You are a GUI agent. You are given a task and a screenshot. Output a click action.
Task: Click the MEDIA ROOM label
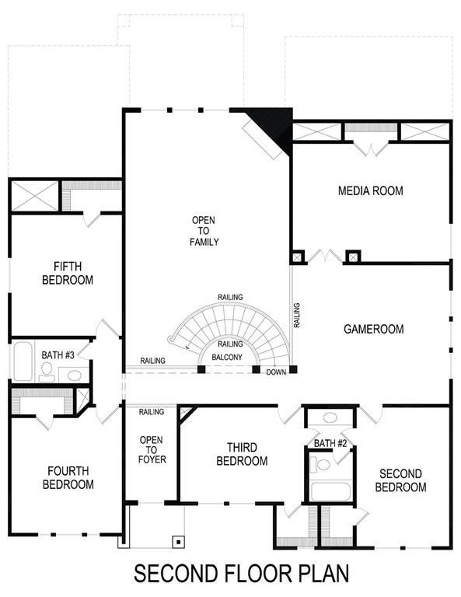[370, 190]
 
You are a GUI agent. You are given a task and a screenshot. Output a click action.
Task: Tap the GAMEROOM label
[373, 330]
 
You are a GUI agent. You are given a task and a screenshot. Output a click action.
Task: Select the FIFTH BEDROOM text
[68, 273]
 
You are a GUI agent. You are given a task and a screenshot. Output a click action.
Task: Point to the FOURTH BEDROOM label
[68, 477]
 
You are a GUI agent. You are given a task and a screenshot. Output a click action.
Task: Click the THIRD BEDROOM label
[247, 454]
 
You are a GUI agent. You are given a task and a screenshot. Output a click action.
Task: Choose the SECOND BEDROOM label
[400, 480]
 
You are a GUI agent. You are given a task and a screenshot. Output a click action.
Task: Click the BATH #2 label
[330, 443]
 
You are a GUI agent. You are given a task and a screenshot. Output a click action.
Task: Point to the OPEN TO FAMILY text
[204, 231]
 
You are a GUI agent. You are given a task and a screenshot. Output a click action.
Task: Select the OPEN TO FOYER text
[151, 450]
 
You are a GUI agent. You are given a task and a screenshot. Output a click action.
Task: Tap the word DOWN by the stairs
[276, 372]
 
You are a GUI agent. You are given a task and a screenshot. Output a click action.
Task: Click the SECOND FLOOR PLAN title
[241, 574]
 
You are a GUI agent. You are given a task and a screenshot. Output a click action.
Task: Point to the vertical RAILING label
[297, 315]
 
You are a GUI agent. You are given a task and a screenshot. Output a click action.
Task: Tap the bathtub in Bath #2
[330, 491]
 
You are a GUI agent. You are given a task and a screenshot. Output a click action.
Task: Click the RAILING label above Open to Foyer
[151, 412]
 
